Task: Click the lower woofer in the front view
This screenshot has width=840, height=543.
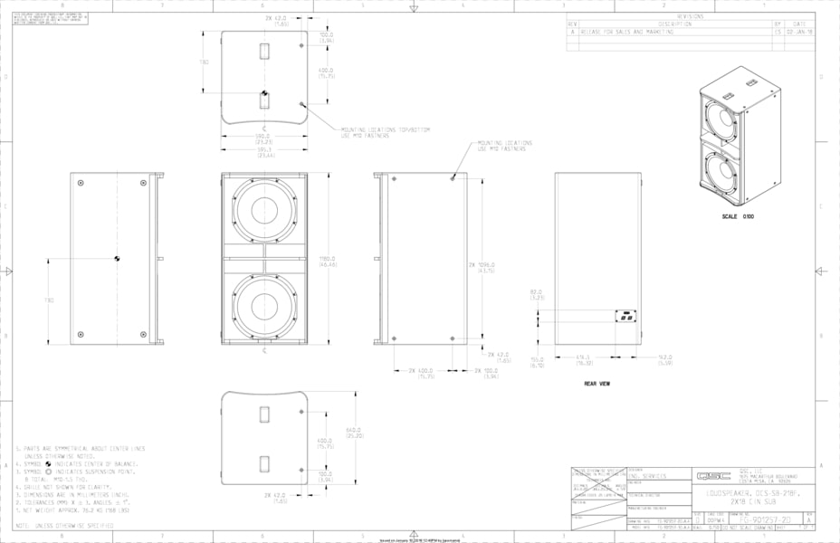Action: [263, 307]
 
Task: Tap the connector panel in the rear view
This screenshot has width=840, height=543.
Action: [623, 317]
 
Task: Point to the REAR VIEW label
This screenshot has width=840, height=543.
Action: [597, 384]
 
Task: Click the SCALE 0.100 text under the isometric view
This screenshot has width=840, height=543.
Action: [738, 216]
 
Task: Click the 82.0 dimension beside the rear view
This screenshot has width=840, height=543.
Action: [536, 293]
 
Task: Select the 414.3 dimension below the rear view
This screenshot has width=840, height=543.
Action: [583, 358]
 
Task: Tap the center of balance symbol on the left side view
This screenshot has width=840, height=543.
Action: [117, 261]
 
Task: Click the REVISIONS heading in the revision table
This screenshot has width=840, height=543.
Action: [689, 16]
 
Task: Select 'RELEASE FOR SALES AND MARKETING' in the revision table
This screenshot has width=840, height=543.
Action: [626, 31]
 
